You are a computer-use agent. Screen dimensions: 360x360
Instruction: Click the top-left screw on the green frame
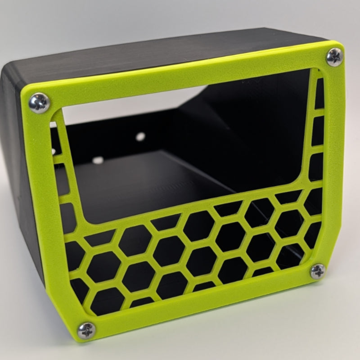[x=39, y=103]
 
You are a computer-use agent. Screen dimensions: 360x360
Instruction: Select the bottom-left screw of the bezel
[x=86, y=331]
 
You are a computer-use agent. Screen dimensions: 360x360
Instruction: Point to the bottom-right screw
[x=318, y=270]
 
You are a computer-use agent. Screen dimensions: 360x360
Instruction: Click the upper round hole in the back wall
[x=141, y=135]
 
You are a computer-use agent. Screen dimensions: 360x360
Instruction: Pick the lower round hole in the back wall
[x=97, y=160]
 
